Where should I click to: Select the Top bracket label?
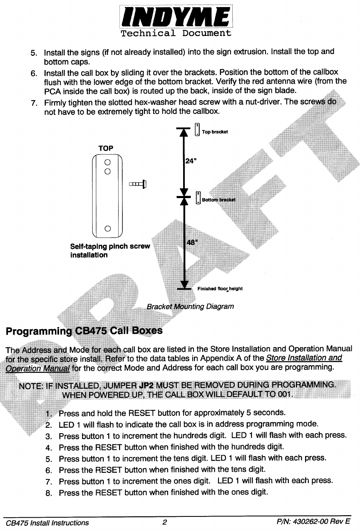[215, 132]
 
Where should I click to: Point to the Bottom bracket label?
[218, 200]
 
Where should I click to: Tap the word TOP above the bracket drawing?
[106, 148]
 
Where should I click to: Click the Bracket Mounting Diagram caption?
[190, 307]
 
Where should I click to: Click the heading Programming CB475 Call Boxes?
[84, 331]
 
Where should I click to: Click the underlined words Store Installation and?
[304, 358]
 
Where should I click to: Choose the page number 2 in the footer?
[165, 523]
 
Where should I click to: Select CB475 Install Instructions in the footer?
[47, 523]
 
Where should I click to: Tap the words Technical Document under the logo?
[176, 33]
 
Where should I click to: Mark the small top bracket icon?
[197, 129]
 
